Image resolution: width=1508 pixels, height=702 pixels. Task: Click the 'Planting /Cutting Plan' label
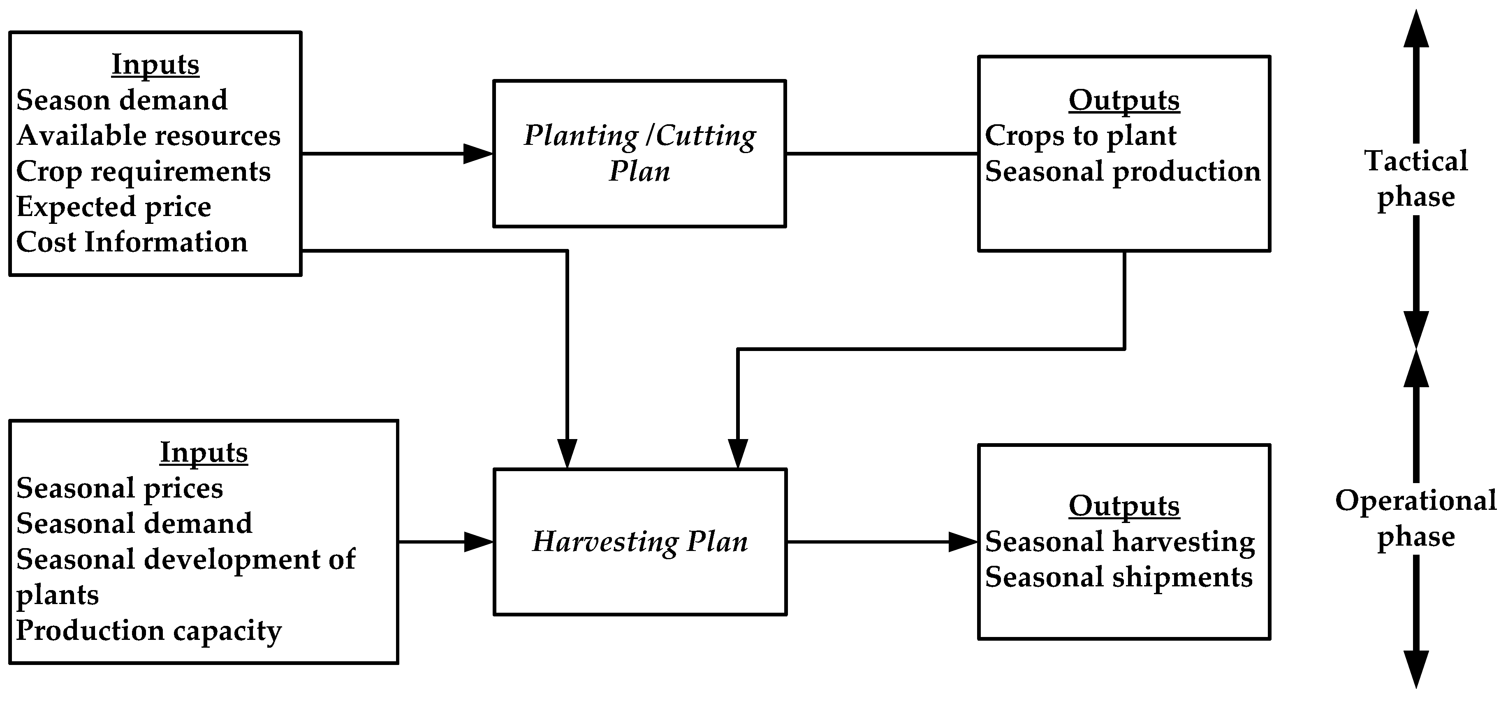639,153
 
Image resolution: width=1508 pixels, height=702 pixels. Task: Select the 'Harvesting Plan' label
639,542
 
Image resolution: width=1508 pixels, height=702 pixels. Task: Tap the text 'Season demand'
122,100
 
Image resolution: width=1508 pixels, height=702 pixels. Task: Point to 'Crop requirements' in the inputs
144,172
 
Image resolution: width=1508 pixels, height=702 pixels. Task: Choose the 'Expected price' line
114,207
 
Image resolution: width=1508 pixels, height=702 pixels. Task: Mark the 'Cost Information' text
132,242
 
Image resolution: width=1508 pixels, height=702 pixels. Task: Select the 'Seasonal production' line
1123,172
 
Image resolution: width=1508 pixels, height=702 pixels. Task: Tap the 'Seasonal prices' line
119,488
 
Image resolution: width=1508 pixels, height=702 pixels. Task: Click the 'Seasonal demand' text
134,523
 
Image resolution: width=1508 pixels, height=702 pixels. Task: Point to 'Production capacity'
149,630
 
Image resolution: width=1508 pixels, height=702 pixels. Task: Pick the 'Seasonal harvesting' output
1120,542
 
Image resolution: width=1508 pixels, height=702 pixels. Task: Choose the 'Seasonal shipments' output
1119,577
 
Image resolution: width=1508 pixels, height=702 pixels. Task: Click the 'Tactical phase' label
1416,179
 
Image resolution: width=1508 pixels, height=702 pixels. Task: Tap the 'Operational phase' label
1416,518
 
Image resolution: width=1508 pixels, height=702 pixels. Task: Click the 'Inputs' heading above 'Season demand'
155,65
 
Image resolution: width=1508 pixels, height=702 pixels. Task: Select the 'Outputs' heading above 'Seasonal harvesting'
1124,506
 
